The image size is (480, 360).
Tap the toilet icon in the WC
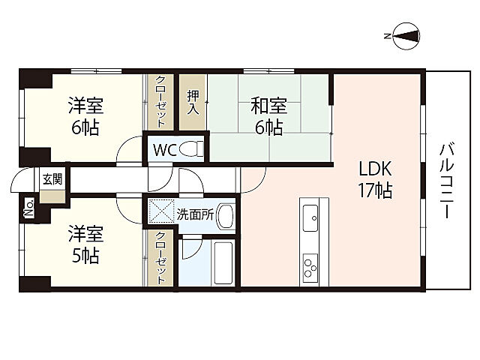[191, 149]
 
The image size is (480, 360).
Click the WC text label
[164, 150]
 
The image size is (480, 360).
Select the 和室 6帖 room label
[268, 116]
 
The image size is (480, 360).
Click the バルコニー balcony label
[447, 181]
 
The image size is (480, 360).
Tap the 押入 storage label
[193, 102]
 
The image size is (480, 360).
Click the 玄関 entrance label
[52, 179]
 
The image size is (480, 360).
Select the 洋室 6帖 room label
[85, 116]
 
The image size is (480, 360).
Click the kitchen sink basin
[310, 218]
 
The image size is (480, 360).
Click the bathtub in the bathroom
[223, 263]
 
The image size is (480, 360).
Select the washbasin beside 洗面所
[226, 216]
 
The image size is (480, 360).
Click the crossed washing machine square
[161, 211]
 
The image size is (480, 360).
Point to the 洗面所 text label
[195, 215]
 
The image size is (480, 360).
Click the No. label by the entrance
[28, 208]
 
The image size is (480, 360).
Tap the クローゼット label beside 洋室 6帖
[160, 102]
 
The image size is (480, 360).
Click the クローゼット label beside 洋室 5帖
[160, 258]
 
